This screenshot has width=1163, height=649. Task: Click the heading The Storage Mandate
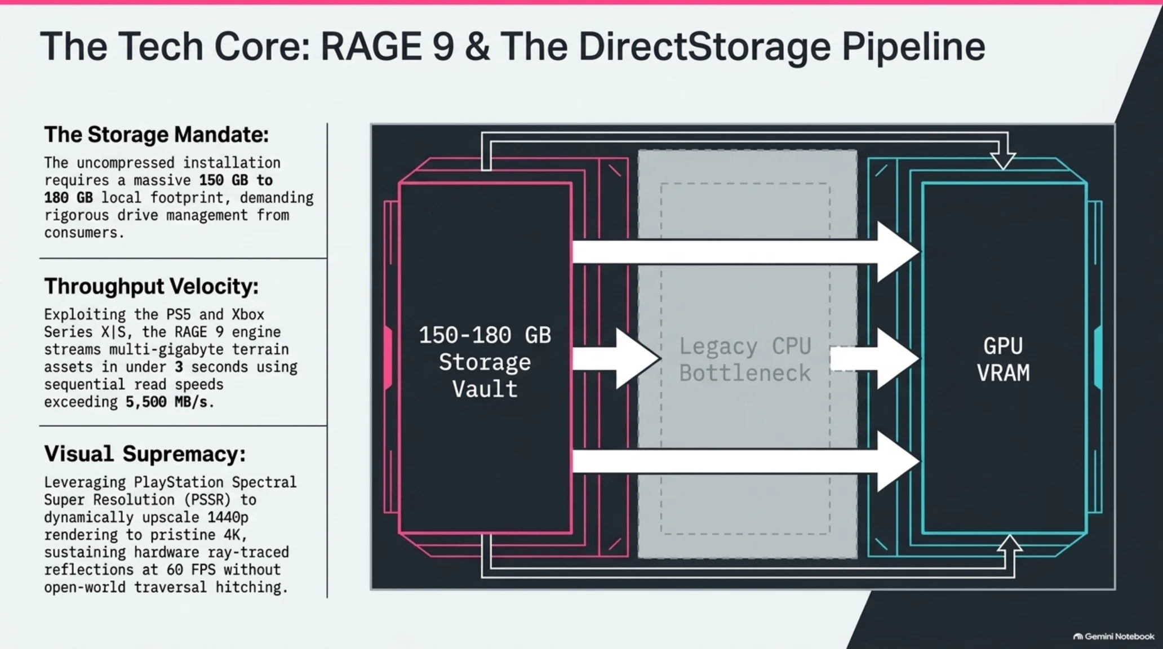tap(157, 135)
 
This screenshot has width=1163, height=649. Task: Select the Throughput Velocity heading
tap(152, 287)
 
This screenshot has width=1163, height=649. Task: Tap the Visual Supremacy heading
tap(145, 454)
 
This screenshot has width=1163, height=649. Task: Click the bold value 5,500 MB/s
tap(167, 402)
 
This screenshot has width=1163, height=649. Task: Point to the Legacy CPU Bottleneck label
tap(745, 359)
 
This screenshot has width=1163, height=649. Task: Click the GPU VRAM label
tap(1004, 359)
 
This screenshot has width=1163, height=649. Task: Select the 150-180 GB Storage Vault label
tap(485, 362)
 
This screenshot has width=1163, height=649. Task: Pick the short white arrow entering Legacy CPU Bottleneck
tap(616, 359)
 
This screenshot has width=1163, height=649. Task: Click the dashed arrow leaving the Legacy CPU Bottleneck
tap(875, 359)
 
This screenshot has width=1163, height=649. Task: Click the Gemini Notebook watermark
tap(1113, 637)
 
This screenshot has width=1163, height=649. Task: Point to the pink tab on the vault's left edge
tap(388, 358)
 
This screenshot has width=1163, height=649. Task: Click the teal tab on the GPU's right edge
tap(1098, 358)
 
